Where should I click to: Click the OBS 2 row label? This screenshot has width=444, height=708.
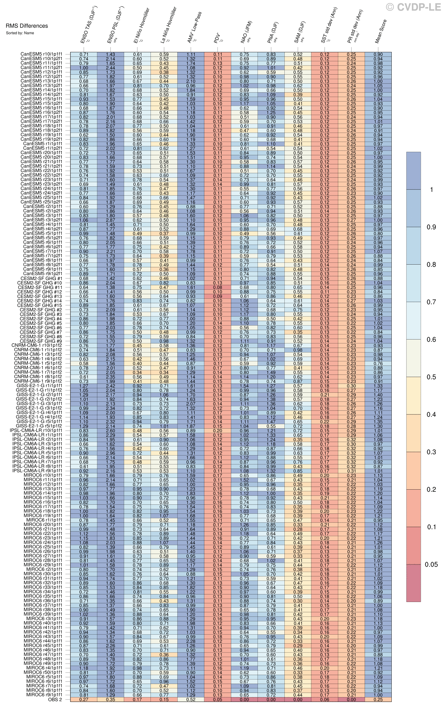[55, 699]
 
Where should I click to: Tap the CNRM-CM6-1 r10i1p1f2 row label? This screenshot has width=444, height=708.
[37, 346]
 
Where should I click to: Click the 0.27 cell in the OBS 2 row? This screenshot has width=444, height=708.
[84, 699]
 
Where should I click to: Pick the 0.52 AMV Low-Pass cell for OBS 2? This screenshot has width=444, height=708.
[191, 699]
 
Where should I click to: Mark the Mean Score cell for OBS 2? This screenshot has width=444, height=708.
[378, 699]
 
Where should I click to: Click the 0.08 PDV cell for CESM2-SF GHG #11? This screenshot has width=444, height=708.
[218, 288]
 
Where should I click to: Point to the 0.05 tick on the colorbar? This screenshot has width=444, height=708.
[431, 565]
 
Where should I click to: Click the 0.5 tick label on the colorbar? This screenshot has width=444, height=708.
[431, 377]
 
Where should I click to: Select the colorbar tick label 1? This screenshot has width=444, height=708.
[432, 189]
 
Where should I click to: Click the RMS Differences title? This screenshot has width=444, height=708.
[27, 26]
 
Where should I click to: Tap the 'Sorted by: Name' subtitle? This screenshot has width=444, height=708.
[20, 33]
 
